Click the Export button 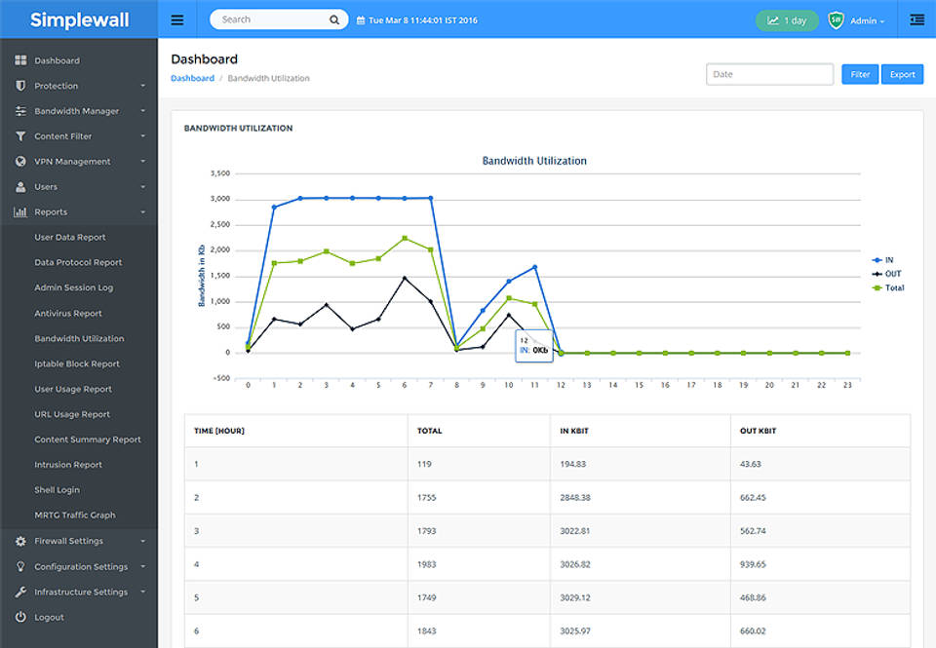902,74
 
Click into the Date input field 769,74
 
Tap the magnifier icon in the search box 334,19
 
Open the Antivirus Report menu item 68,314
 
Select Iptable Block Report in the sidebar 77,363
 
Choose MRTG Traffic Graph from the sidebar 75,515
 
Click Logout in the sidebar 49,617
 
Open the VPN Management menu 72,162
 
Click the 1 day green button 787,20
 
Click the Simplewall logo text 79,19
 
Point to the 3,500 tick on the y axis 219,173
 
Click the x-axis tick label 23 847,386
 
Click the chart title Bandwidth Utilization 534,161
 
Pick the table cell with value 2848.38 575,497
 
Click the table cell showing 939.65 755,563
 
